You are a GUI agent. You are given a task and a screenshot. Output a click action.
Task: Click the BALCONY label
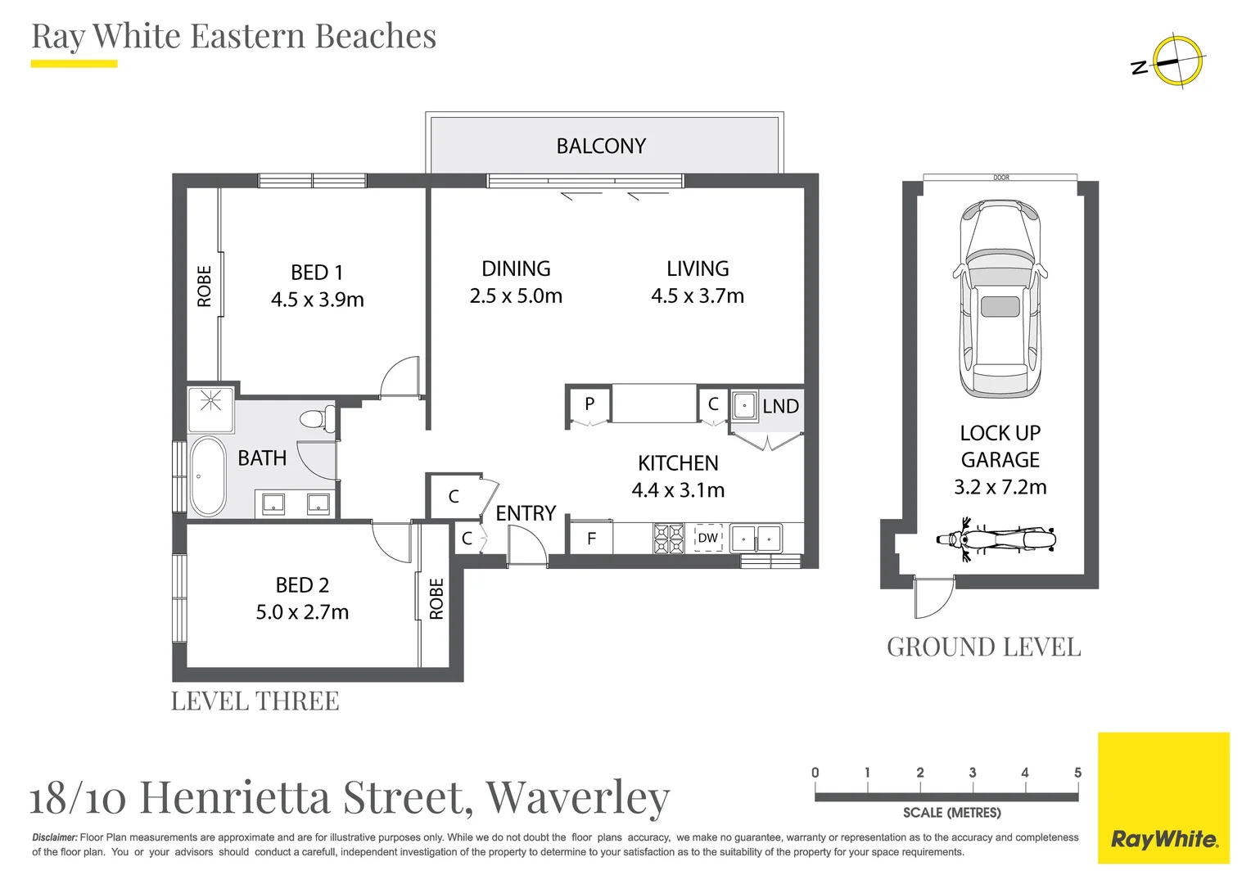[x=601, y=147]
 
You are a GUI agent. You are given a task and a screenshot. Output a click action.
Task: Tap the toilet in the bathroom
[x=318, y=419]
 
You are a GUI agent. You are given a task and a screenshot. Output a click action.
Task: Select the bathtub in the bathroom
[x=208, y=476]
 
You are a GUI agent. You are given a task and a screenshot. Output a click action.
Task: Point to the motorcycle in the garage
[x=996, y=539]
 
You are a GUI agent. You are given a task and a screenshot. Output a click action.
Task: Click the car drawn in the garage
[x=1000, y=299]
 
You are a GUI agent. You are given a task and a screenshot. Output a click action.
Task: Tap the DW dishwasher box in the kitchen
[x=707, y=538]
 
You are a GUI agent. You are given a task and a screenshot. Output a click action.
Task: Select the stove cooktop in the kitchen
[x=669, y=539]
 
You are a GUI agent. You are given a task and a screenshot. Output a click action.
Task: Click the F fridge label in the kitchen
[x=591, y=539]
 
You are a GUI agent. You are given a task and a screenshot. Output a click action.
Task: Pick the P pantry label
[x=589, y=404]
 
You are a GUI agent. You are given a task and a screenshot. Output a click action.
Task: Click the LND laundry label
[x=781, y=406]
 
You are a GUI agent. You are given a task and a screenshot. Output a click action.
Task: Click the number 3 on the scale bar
[x=973, y=773]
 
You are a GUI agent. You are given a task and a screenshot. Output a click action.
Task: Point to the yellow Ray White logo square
[x=1164, y=798]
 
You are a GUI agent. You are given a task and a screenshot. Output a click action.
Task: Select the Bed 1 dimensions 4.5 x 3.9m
[x=317, y=300]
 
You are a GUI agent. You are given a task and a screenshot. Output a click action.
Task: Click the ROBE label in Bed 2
[x=436, y=598]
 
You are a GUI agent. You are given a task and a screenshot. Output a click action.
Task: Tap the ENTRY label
[x=526, y=513]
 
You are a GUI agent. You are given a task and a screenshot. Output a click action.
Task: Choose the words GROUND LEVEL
[x=983, y=647]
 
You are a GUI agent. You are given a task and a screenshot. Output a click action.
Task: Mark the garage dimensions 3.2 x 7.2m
[x=1000, y=487]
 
